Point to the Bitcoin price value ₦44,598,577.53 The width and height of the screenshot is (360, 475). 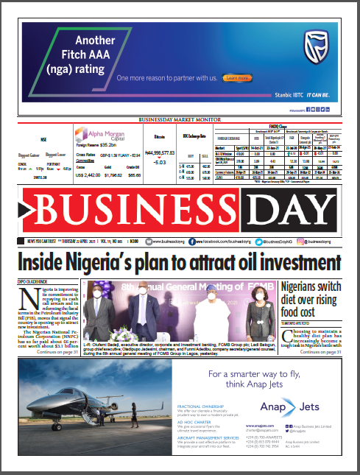(x=160, y=152)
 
